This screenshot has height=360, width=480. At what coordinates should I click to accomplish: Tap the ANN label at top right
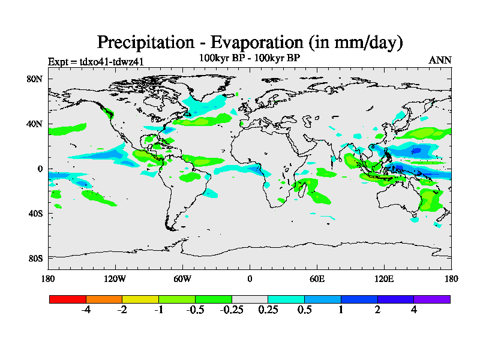pos(440,60)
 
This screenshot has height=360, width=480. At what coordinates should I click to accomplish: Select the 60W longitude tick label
pos(182,278)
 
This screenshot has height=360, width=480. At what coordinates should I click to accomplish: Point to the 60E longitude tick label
pos(317,278)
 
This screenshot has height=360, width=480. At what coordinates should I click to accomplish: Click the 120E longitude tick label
pos(384,278)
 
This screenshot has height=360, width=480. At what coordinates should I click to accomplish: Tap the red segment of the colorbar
pos(68,299)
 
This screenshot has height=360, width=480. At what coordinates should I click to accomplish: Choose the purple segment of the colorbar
pos(432,299)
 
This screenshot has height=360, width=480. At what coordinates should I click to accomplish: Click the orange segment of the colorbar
pos(104,299)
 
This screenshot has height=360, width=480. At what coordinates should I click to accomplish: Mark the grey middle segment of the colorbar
pos(250,299)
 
